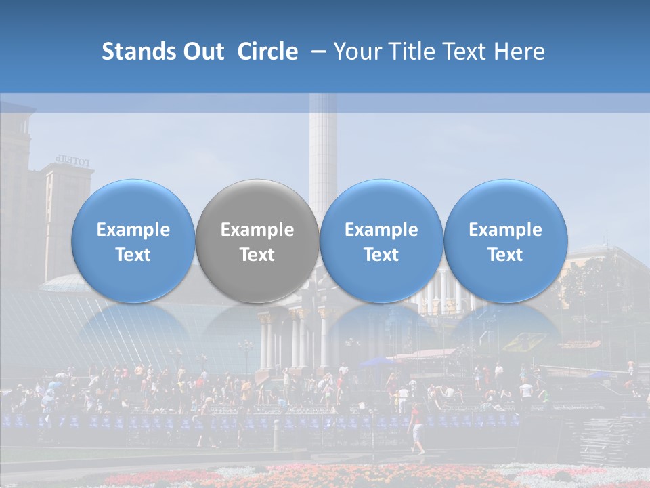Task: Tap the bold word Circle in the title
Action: pyautogui.click(x=267, y=52)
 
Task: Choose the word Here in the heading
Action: pyautogui.click(x=519, y=52)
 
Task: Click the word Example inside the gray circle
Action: pyautogui.click(x=257, y=230)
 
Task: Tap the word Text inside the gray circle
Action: pyautogui.click(x=257, y=255)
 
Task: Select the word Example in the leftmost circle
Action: pyautogui.click(x=133, y=230)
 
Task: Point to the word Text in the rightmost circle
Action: pyautogui.click(x=505, y=255)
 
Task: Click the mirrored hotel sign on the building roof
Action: pyautogui.click(x=73, y=161)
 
